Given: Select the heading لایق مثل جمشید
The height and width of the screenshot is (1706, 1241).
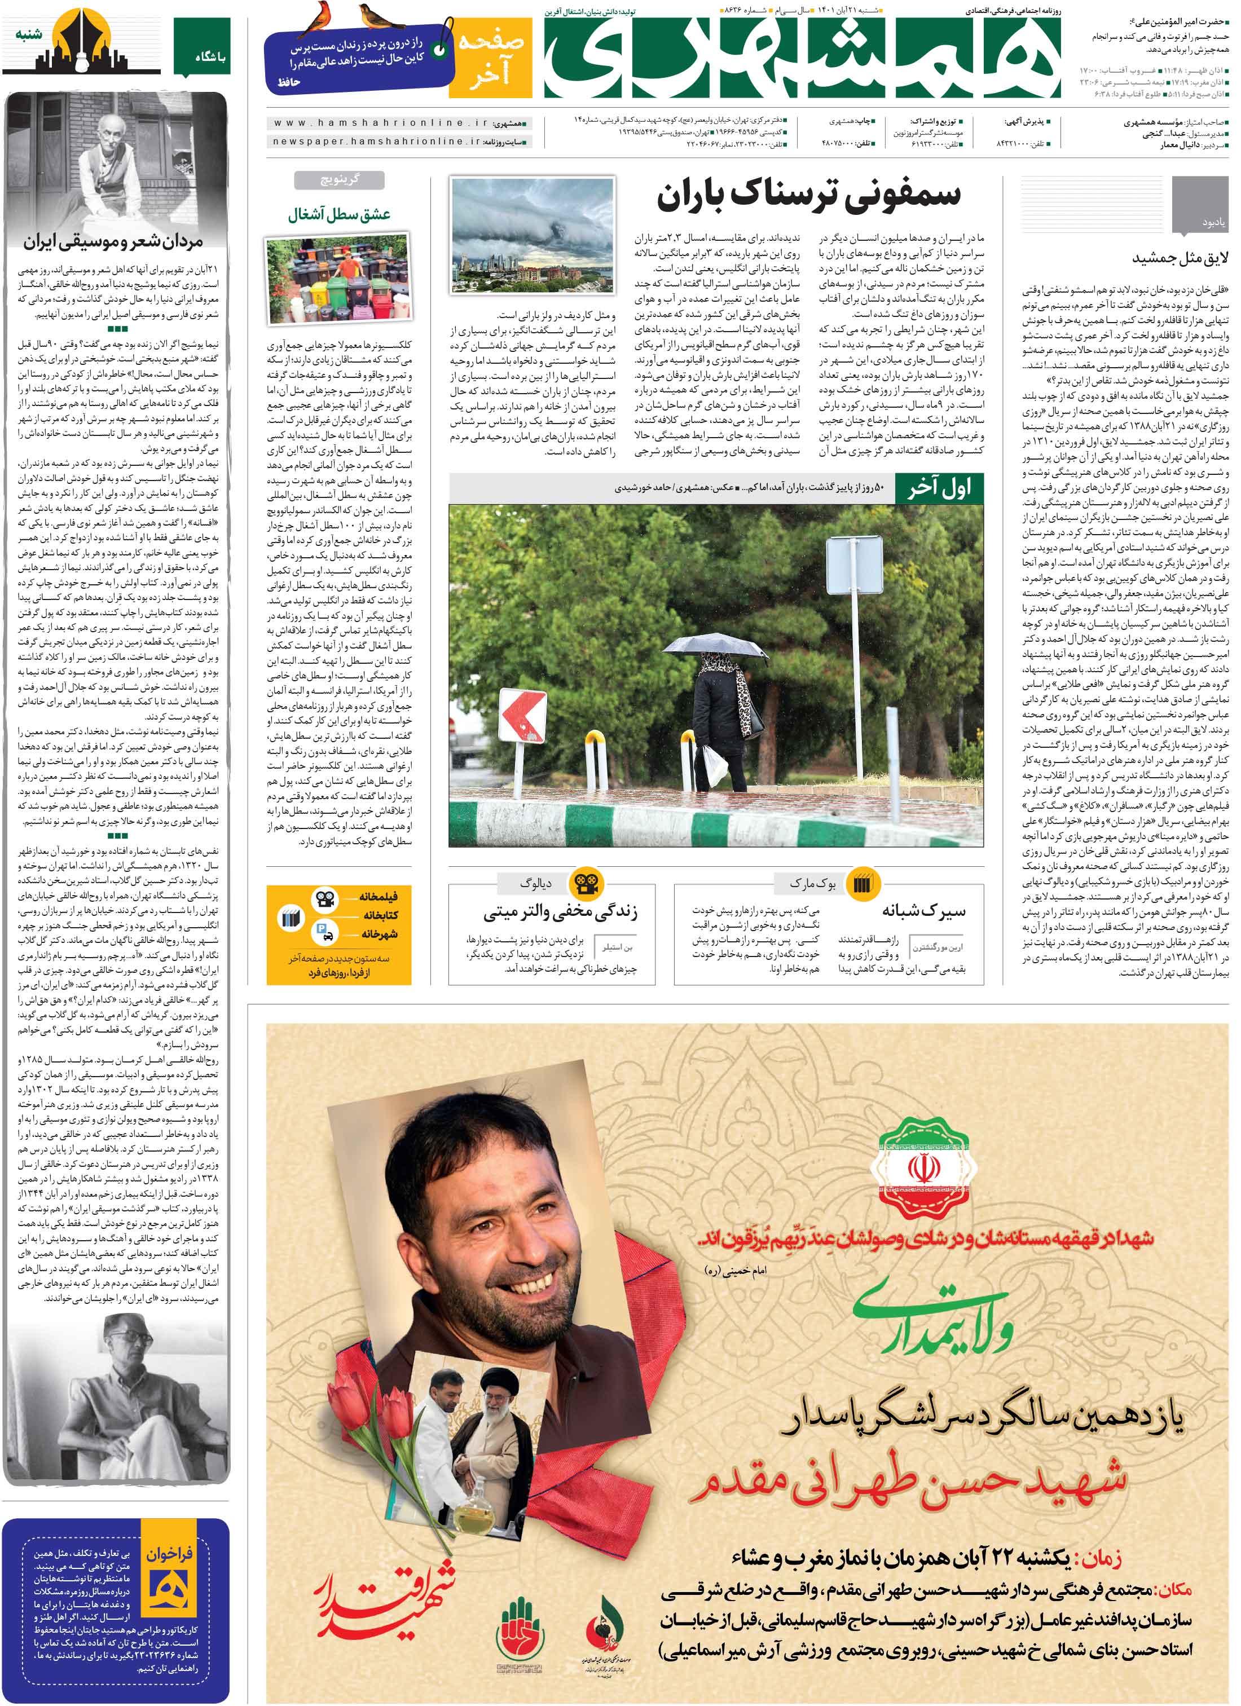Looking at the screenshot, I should click(x=1180, y=258).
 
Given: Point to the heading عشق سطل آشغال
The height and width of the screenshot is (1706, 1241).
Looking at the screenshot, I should click(x=338, y=214).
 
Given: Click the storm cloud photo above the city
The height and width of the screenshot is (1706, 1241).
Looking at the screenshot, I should click(x=531, y=235).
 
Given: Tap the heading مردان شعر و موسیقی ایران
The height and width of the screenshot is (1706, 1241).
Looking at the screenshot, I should click(x=113, y=242).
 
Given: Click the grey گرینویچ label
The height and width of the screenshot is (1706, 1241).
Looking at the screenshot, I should click(x=340, y=180).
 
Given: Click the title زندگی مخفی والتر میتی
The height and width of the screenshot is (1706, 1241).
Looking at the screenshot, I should click(x=560, y=912).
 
